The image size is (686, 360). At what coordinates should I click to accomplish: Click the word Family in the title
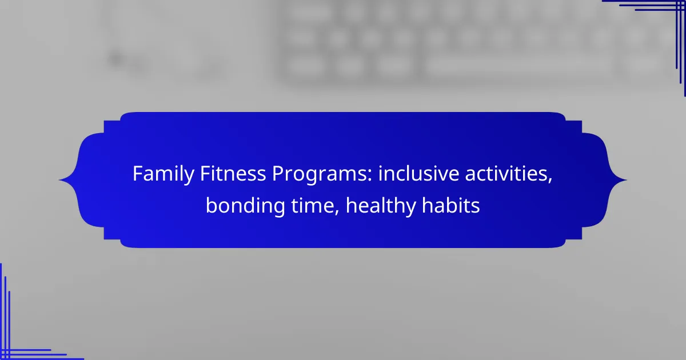click(163, 174)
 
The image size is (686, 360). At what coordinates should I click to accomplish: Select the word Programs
click(320, 174)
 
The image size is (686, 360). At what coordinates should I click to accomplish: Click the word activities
click(506, 174)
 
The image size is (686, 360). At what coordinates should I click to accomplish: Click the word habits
click(451, 205)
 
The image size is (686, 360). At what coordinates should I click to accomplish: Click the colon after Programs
click(370, 176)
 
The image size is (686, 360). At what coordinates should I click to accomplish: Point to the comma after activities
click(551, 181)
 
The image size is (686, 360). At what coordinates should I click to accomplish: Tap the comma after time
click(337, 212)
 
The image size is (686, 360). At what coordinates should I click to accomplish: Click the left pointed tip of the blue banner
click(59, 180)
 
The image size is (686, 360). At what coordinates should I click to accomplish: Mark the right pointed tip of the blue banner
click(627, 180)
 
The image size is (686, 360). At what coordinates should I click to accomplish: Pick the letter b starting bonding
click(212, 205)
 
